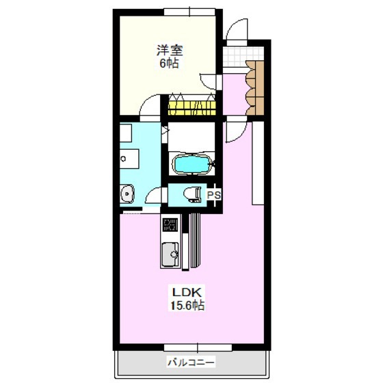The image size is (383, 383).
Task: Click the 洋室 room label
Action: tap(170, 51)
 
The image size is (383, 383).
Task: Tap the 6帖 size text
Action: tap(170, 64)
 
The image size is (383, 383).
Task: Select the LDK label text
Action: tap(187, 292)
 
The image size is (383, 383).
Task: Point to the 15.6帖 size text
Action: tap(187, 305)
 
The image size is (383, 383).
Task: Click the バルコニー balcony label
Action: tap(191, 362)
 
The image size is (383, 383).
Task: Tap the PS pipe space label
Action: tap(214, 195)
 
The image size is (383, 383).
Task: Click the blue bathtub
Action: tap(191, 164)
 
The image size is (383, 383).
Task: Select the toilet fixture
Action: tap(192, 195)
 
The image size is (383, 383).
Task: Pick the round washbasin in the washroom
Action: tap(127, 194)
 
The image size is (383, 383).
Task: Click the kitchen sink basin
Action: tap(170, 254)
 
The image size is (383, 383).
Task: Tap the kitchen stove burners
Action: tap(170, 225)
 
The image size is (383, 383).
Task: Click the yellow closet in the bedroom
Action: tap(192, 108)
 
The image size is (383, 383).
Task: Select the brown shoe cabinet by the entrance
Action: tap(255, 88)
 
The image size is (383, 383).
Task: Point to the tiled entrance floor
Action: tap(243, 57)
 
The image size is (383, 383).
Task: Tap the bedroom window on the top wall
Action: tap(189, 12)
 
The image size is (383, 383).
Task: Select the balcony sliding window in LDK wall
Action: tap(198, 347)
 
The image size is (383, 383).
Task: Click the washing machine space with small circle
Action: tap(129, 159)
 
